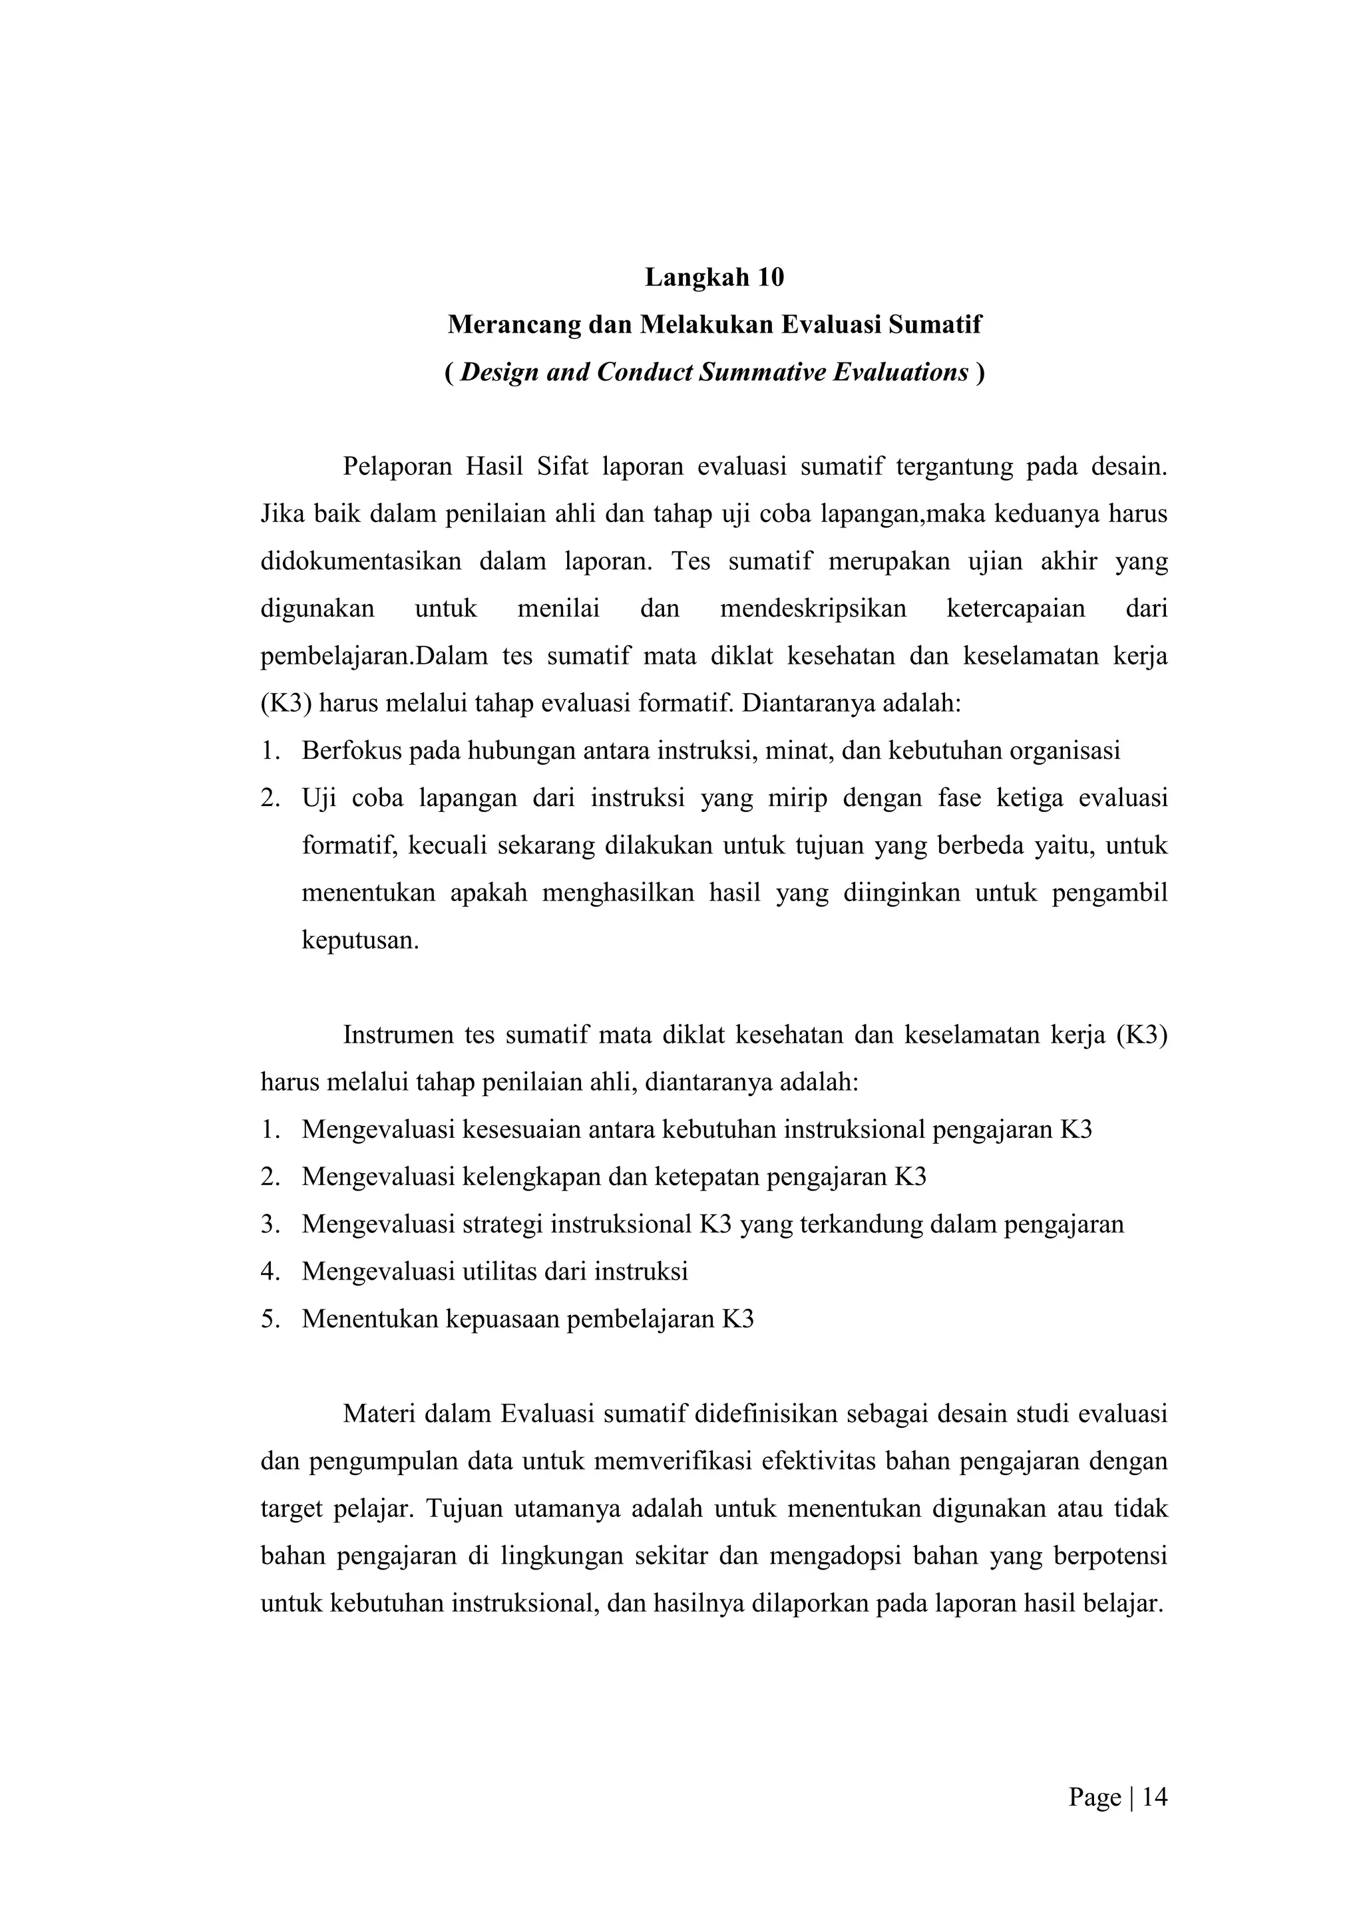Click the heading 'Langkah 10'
714,277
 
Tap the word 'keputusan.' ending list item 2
360,940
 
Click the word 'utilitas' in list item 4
500,1272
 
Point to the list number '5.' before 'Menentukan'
270,1319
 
